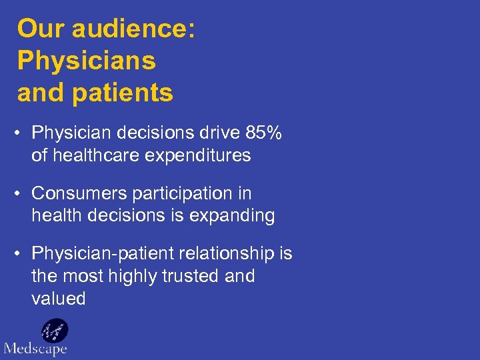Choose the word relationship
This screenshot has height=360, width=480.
point(231,254)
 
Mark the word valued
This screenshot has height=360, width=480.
point(59,299)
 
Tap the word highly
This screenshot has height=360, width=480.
point(123,276)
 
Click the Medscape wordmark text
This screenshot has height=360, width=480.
point(35,349)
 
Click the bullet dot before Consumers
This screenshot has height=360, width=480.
point(22,194)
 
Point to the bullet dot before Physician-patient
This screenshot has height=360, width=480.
point(22,254)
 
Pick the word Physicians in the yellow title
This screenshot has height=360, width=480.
point(87,61)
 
